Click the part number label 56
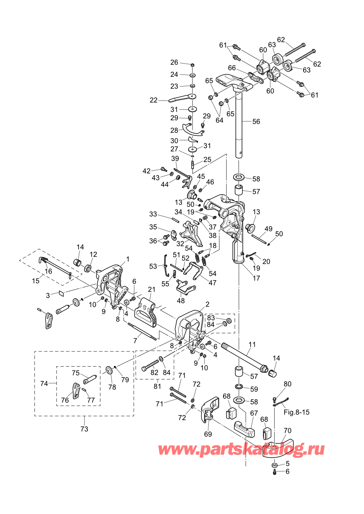(x=256, y=121)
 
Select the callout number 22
(x=153, y=100)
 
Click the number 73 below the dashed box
(x=84, y=429)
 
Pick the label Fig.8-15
(x=296, y=412)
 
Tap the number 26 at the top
(x=174, y=62)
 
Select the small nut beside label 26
(x=193, y=65)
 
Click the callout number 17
(x=256, y=278)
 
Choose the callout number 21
(x=152, y=289)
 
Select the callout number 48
(x=181, y=300)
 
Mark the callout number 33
(x=153, y=214)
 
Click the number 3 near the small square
(x=48, y=295)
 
